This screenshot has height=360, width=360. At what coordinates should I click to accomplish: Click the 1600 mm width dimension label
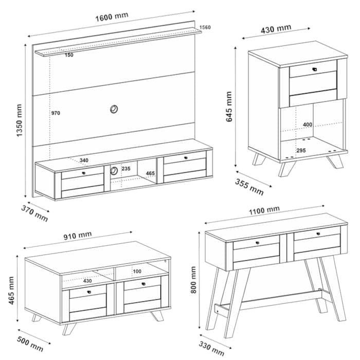coord(112,17)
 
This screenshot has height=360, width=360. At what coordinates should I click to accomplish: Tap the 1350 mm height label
coord(19,120)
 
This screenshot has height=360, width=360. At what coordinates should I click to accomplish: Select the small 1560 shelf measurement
coord(205,27)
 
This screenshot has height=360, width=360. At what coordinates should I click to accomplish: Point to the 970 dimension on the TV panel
coord(56,113)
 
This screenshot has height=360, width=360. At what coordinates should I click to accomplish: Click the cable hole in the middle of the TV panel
coord(114,109)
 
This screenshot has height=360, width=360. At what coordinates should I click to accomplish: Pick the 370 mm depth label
coord(34,213)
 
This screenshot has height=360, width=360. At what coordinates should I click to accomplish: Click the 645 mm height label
coord(229,106)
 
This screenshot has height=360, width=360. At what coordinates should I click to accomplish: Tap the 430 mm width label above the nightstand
coord(276,29)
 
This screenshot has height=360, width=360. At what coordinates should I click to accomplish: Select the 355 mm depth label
coord(249,187)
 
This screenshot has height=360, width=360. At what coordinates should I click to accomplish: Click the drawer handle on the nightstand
coord(315,69)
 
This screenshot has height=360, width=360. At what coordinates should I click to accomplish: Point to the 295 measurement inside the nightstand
coord(301,150)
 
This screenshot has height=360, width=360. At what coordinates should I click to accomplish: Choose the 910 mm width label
coord(78,236)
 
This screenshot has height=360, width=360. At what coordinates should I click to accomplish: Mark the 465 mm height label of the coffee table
coord(11,291)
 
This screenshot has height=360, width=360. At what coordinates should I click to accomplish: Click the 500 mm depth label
coord(30,344)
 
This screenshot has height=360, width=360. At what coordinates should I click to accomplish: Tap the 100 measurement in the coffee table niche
coord(137,271)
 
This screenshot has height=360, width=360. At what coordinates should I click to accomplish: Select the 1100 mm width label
coord(264,210)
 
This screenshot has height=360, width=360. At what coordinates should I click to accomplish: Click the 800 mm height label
coord(193,280)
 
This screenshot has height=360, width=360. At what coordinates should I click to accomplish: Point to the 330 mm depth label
coord(211,349)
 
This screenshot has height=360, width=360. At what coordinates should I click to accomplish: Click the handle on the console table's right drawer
coord(318,233)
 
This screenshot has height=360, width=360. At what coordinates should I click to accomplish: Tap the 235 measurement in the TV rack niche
coord(126,169)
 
